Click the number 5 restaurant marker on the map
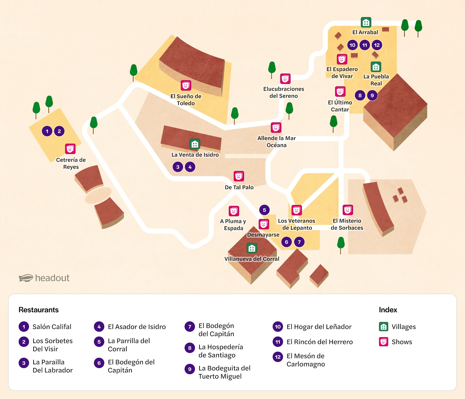click(264, 210)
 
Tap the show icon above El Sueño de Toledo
click(186, 85)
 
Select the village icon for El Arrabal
click(366, 22)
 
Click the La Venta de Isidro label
click(195, 155)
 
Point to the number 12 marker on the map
click(377, 45)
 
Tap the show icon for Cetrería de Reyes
click(70, 149)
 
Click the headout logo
click(44, 278)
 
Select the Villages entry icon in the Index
click(383, 327)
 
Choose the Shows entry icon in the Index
click(383, 342)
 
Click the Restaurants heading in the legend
click(38, 310)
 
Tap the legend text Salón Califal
click(52, 327)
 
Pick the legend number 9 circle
click(190, 369)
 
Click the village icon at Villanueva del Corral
click(251, 248)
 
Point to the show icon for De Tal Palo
click(239, 176)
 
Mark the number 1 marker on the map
click(47, 131)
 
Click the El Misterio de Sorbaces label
click(347, 224)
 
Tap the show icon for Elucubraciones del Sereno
click(285, 79)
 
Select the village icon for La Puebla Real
click(376, 67)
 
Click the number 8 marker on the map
click(360, 95)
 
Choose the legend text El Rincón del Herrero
click(319, 342)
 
